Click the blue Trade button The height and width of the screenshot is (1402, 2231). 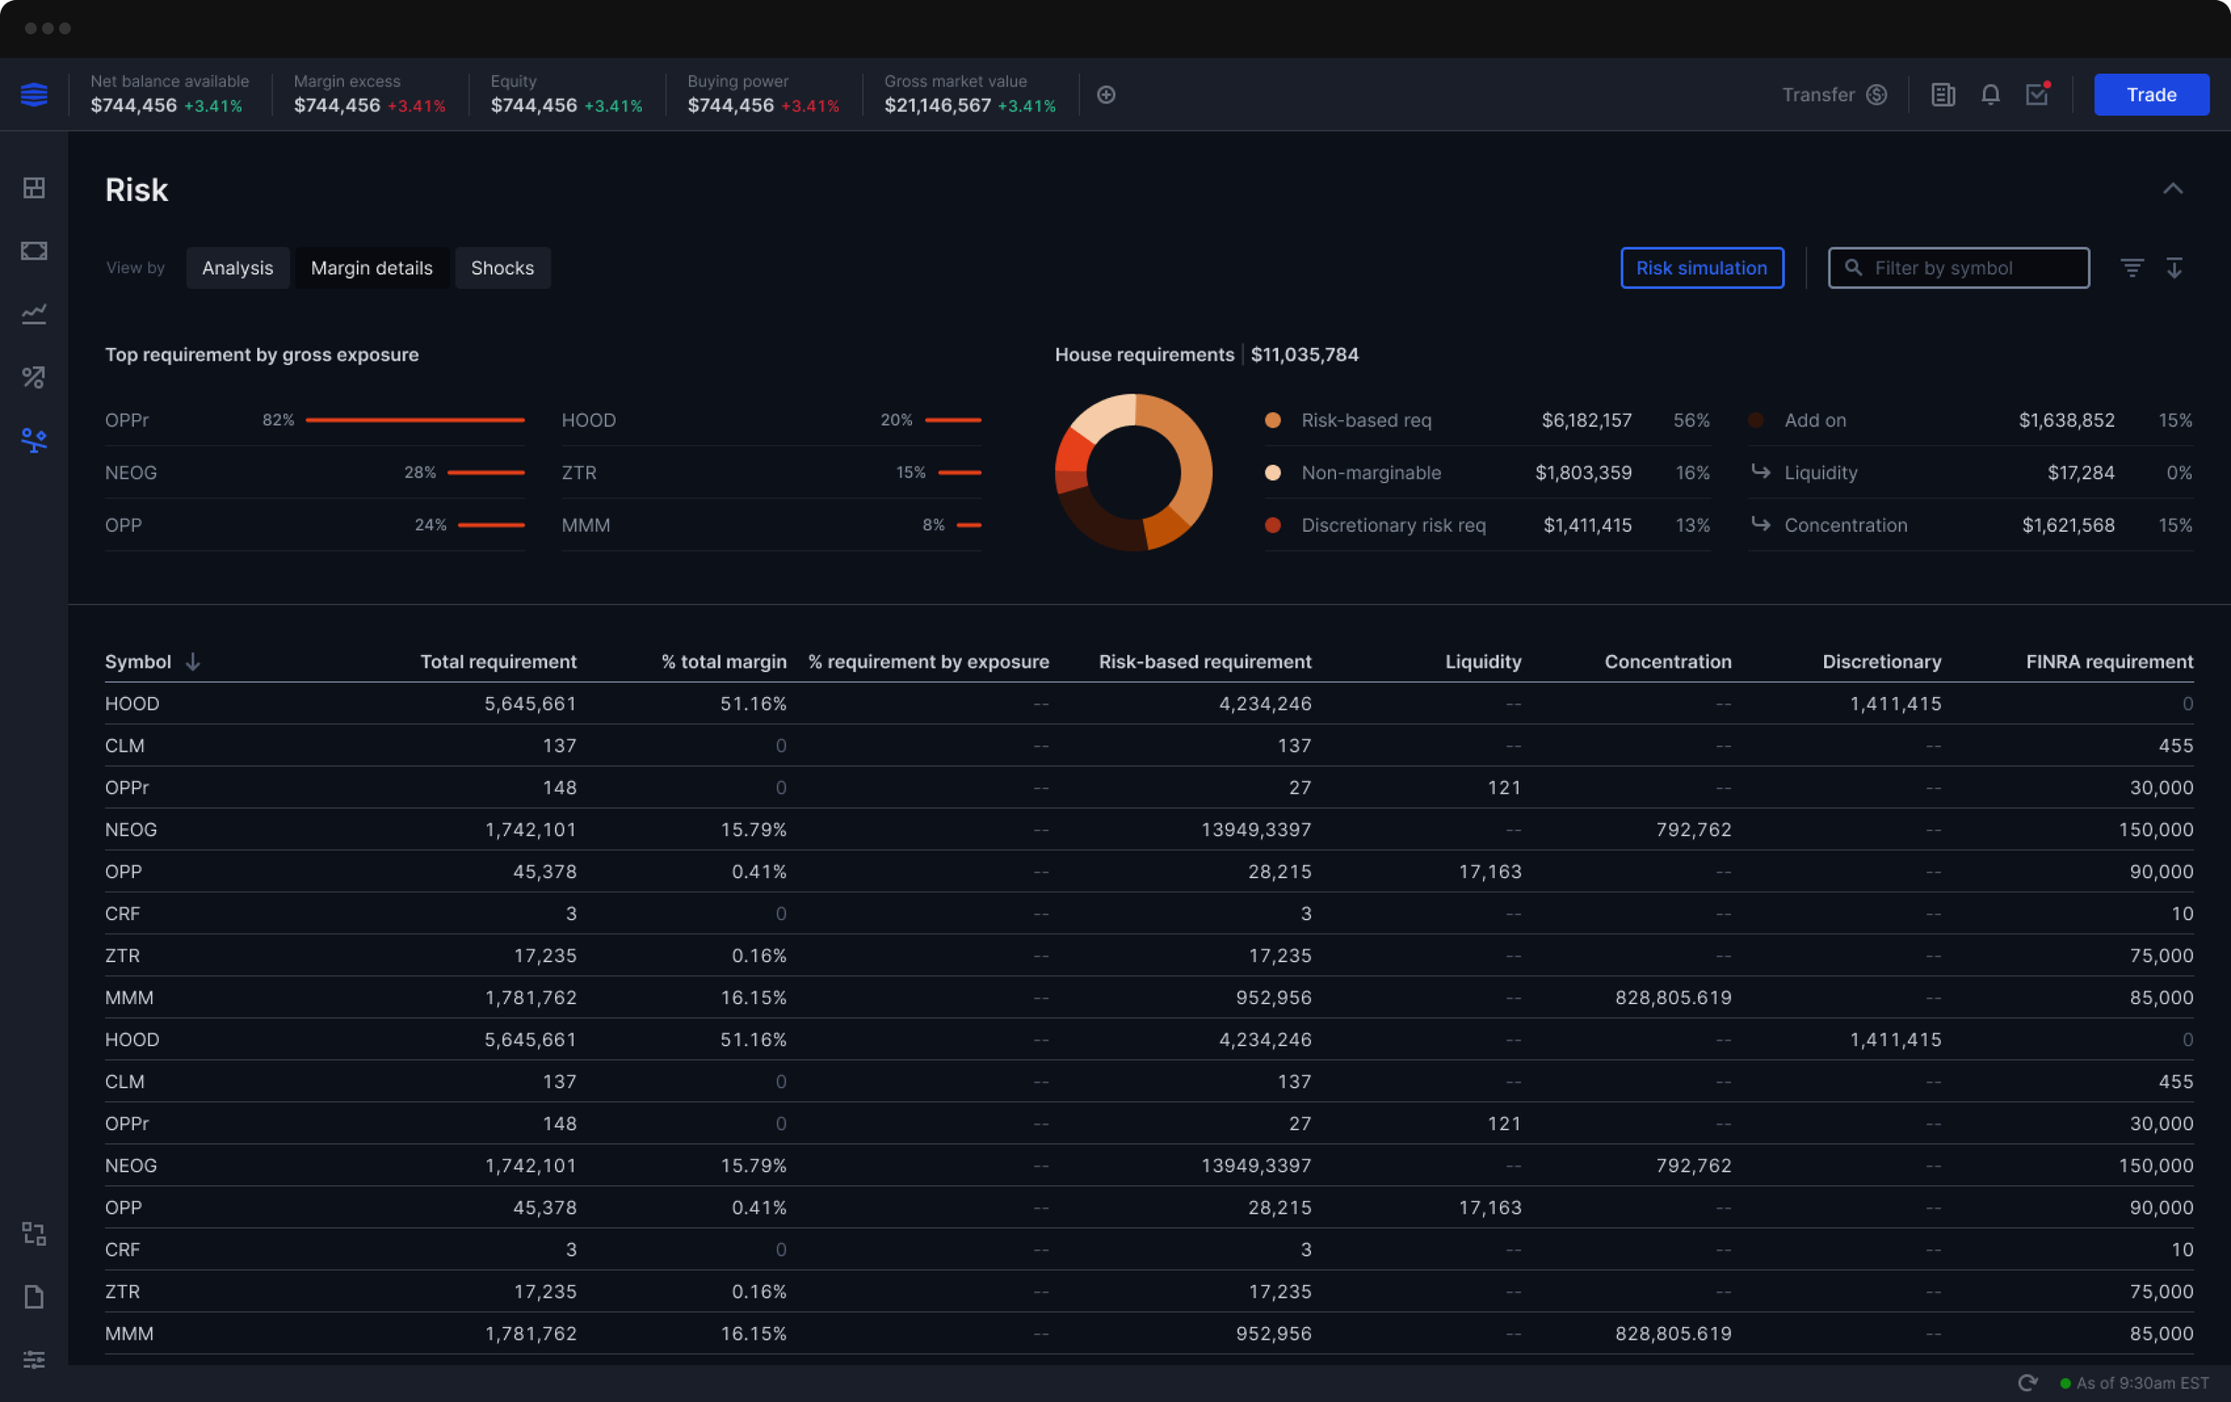pyautogui.click(x=2151, y=95)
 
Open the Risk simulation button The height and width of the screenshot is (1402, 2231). pyautogui.click(x=1701, y=268)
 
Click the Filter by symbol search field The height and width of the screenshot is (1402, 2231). pyautogui.click(x=1969, y=268)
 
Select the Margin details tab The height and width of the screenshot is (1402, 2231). pyautogui.click(x=371, y=268)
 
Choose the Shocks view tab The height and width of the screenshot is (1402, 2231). pyautogui.click(x=502, y=268)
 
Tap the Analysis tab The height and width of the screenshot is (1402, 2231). pyautogui.click(x=237, y=268)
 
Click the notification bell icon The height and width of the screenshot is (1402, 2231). pyautogui.click(x=1989, y=95)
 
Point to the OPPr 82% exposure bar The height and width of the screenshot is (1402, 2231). pyautogui.click(x=414, y=419)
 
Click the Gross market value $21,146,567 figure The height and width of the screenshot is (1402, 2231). pyautogui.click(x=937, y=105)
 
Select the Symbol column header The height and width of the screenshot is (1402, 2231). pyautogui.click(x=138, y=661)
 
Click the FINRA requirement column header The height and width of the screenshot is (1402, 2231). pyautogui.click(x=2108, y=661)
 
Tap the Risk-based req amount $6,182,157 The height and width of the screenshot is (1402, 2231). pyautogui.click(x=1585, y=419)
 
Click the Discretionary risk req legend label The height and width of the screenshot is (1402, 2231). pyautogui.click(x=1392, y=526)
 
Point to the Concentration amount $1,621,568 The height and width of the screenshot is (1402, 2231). pyautogui.click(x=2067, y=526)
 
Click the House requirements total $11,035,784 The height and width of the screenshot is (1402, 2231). pyautogui.click(x=1304, y=355)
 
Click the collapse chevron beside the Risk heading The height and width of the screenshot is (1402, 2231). pyautogui.click(x=2172, y=189)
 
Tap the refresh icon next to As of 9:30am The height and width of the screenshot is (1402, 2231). pyautogui.click(x=2028, y=1382)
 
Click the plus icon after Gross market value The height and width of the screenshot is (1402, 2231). pyautogui.click(x=1106, y=95)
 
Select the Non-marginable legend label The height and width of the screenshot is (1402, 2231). pyautogui.click(x=1371, y=473)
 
